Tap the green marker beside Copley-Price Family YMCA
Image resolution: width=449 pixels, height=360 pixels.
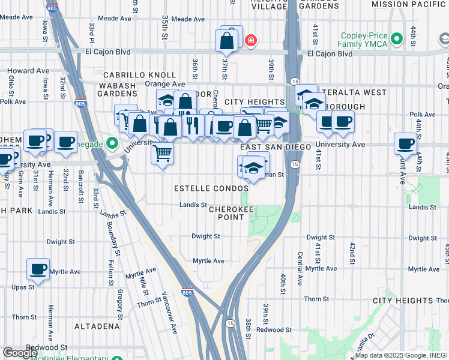coord(396,40)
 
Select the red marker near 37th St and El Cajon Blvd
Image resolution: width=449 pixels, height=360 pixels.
coord(250,41)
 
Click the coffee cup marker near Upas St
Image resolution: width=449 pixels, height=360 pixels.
coord(38,269)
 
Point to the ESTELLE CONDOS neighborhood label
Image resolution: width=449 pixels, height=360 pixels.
coord(211,188)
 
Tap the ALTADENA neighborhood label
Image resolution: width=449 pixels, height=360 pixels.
coord(97,326)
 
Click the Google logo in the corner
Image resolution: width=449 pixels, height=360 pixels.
coord(20,353)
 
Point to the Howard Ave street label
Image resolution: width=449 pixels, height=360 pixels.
coord(28,71)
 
